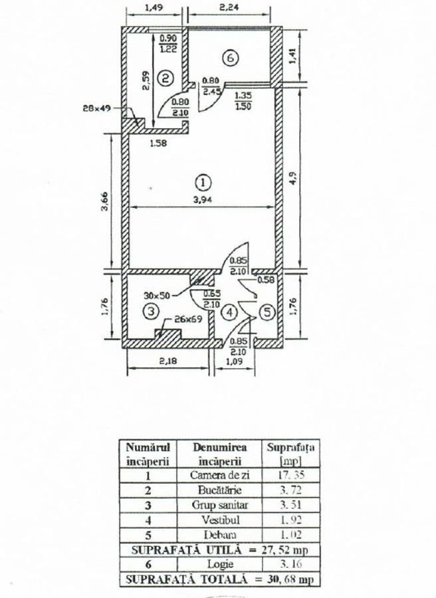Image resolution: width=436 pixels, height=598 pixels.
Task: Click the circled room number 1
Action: coord(203,182)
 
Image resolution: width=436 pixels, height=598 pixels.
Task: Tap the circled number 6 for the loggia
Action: coord(231,58)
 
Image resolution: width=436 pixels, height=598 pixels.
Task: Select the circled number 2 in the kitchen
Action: coord(165,78)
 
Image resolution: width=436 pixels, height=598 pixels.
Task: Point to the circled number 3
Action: coord(151,312)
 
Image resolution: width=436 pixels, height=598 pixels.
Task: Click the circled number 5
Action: coord(267,312)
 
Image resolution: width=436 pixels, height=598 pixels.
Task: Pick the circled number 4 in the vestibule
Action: coord(229,312)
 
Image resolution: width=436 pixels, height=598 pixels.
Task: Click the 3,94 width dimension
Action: coord(203,199)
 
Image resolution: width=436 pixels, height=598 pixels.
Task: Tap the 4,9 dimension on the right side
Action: coord(292,177)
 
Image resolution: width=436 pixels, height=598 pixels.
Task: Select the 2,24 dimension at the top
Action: coord(230,7)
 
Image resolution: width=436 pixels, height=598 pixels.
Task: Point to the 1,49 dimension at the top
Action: coord(154,7)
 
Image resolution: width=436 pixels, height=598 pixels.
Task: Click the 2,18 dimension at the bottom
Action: coord(168,360)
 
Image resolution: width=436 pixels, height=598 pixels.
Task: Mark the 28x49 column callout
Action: coord(97,108)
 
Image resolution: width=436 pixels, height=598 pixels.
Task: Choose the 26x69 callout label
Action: coord(188,319)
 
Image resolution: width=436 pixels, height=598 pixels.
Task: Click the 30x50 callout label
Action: coord(157,295)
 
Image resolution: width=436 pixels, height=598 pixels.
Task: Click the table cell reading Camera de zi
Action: coord(220,475)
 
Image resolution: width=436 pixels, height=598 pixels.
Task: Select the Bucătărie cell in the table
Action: coord(220,490)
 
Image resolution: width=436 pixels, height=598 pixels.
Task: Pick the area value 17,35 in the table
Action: coord(290,475)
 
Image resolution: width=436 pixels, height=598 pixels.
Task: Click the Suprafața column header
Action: coord(290,454)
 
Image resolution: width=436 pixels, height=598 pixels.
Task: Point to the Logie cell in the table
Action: coord(220,564)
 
